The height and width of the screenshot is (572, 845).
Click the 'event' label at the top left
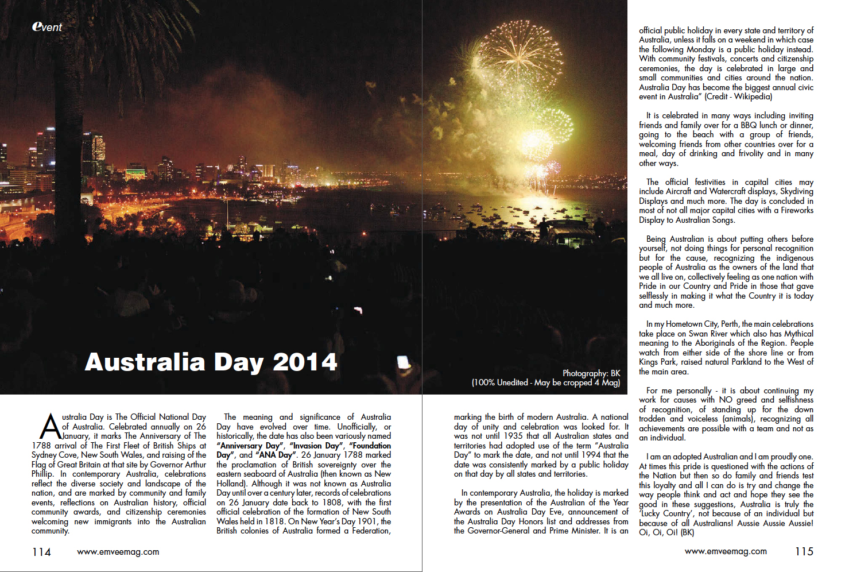tap(47, 26)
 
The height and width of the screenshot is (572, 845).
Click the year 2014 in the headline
tap(305, 362)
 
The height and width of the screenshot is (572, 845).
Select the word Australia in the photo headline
tap(145, 362)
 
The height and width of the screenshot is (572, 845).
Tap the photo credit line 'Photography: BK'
tap(591, 373)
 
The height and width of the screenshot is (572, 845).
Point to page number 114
tap(41, 552)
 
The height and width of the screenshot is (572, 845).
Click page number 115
tap(804, 551)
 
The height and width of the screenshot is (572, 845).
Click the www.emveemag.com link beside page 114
tap(118, 552)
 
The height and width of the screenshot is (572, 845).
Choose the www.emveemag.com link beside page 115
tap(726, 551)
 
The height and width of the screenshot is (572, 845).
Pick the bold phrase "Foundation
tap(370, 446)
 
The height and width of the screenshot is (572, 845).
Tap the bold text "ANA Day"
tap(276, 455)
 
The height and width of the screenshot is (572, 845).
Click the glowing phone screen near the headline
tap(404, 362)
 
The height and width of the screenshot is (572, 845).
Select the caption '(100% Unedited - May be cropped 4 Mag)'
tap(545, 382)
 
